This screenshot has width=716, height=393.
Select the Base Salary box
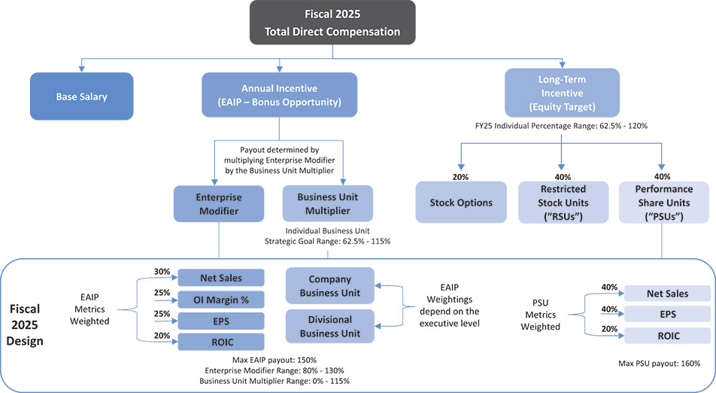82,96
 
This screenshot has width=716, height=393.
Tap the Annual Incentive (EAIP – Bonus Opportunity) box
280,95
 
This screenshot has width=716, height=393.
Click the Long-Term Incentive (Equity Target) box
562,93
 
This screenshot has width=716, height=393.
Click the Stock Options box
461,203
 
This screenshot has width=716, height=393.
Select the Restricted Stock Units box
562,202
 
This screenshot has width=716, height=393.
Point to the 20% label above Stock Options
460,177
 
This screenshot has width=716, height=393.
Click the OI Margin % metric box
221,299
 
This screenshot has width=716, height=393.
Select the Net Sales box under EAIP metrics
221,278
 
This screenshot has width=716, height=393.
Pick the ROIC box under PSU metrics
667,335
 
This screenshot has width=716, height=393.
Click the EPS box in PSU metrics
667,314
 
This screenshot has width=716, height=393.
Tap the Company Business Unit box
330,285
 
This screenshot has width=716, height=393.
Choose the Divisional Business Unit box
330,325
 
